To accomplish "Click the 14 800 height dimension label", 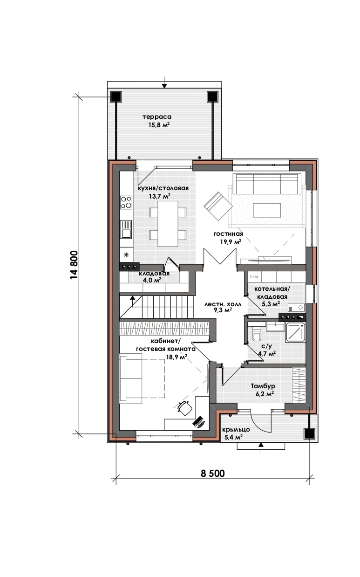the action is point(74,265).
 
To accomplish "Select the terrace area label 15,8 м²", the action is point(159,125).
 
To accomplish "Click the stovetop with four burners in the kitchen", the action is point(126,202).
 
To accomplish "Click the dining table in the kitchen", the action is point(168,223).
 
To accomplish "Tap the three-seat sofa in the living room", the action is point(267,184).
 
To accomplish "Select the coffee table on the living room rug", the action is point(267,211).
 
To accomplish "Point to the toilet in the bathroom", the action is point(257,334).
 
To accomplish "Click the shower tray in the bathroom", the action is point(295,332).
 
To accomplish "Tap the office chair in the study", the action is point(185,407).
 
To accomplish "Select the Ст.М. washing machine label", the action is point(254,277).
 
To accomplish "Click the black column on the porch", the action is point(309,433).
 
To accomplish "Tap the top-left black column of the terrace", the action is point(116,97).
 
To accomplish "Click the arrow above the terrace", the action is point(164,82).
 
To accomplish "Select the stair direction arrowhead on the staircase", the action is point(132,298).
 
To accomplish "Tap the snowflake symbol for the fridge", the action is point(126,255).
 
